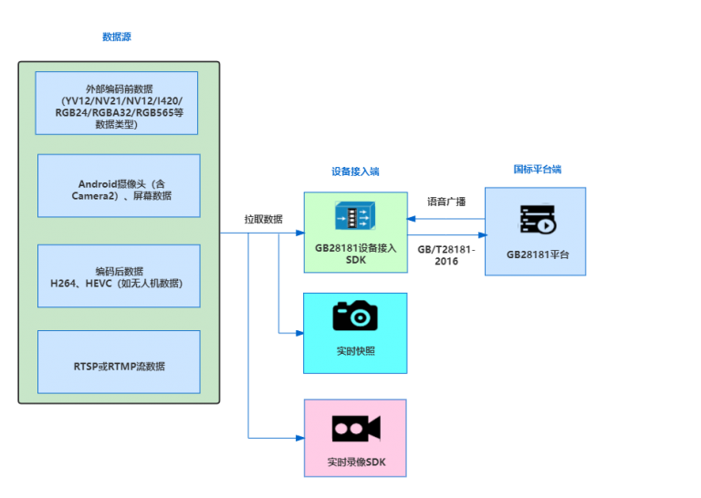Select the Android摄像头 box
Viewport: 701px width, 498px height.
[x=119, y=185]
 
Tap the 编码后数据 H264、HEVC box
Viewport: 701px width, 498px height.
[x=119, y=275]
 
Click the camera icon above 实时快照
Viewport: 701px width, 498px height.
[x=355, y=316]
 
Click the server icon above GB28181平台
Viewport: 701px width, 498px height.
[x=537, y=221]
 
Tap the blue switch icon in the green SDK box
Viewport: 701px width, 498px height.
[x=355, y=217]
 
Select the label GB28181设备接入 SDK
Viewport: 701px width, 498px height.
[x=355, y=254]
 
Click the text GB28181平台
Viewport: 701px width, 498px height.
[x=537, y=255]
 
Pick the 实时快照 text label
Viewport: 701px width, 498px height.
[x=355, y=351]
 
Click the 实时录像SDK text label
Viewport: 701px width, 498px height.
[x=356, y=462]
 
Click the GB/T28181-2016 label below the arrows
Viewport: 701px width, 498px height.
[x=446, y=254]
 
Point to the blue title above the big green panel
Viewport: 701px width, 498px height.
[x=118, y=37]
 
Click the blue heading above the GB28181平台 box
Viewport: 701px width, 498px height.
[x=537, y=169]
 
